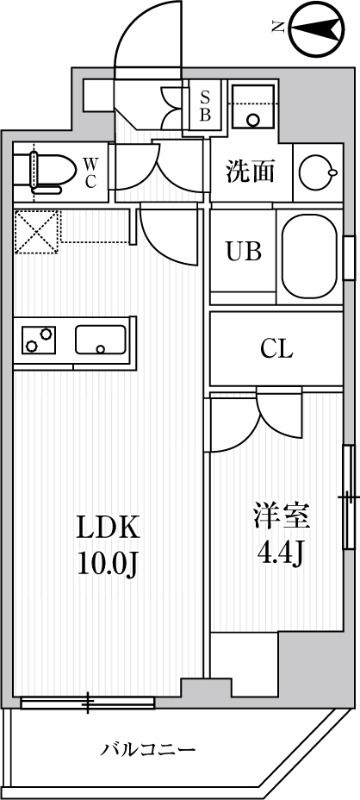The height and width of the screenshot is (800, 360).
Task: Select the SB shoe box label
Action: coord(205,106)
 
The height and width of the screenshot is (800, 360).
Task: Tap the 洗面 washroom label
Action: coord(249,171)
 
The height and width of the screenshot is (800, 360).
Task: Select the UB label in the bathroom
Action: coord(242,251)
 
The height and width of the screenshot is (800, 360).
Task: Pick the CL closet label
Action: coord(276,349)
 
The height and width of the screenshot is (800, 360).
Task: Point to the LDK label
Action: coord(107,527)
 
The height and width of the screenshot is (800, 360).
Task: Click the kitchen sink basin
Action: coord(100,342)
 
